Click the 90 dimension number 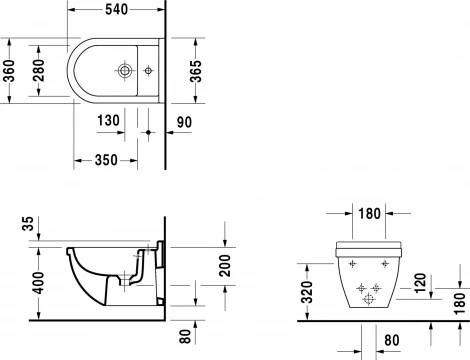[182, 121]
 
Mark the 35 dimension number [26, 224]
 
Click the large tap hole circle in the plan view [124, 71]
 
